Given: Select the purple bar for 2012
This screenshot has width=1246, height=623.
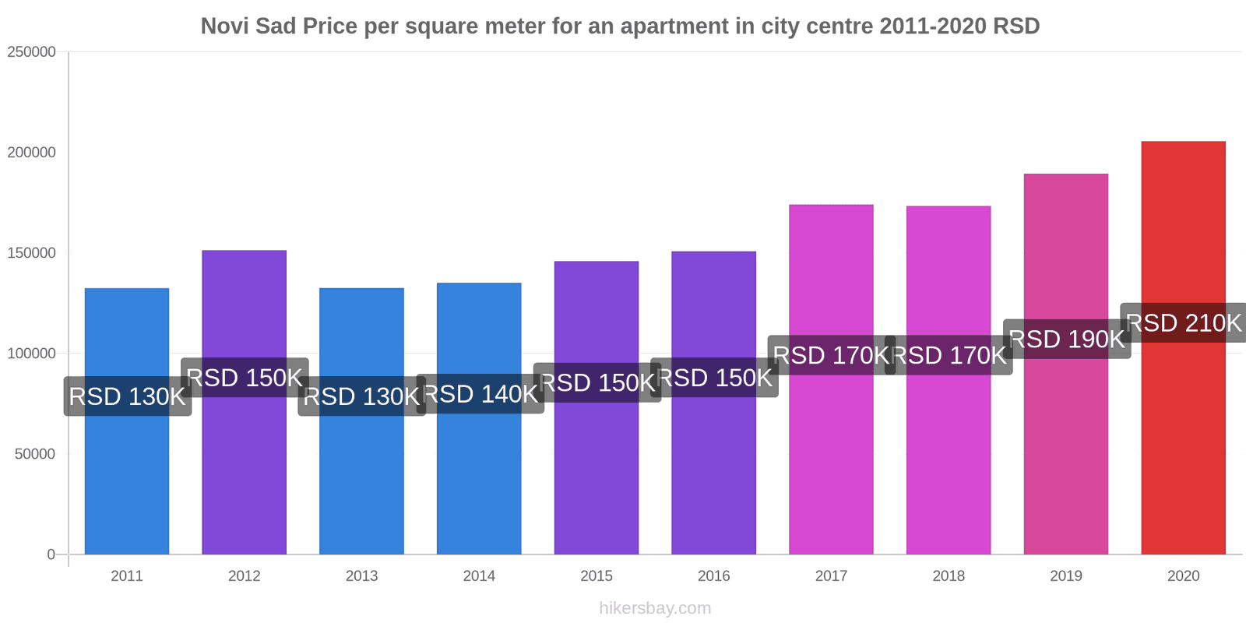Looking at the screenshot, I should pyautogui.click(x=244, y=467).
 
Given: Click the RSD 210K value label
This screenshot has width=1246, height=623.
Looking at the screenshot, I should pyautogui.click(x=1184, y=322).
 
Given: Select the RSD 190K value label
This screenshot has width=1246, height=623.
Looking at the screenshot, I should pyautogui.click(x=1067, y=339).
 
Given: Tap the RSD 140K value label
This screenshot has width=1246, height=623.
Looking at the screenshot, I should pyautogui.click(x=480, y=394).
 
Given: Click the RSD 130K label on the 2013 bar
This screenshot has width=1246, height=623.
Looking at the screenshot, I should pyautogui.click(x=362, y=396).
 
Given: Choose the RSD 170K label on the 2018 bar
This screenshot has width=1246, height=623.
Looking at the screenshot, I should pyautogui.click(x=949, y=355).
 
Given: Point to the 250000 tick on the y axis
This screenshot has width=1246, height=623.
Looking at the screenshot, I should pyautogui.click(x=32, y=52).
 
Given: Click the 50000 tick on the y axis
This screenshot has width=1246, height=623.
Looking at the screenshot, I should pyautogui.click(x=36, y=454).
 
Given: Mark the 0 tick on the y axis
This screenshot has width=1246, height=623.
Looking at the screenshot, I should pyautogui.click(x=51, y=554).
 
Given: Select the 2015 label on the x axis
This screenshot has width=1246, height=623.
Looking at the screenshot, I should pyautogui.click(x=597, y=576).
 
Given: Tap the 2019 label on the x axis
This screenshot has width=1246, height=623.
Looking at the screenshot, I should pyautogui.click(x=1066, y=576).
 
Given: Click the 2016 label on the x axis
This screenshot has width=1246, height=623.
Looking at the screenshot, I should pyautogui.click(x=714, y=576).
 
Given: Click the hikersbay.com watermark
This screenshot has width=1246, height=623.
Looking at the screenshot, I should pyautogui.click(x=655, y=608).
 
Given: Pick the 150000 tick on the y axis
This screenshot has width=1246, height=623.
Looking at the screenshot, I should pyautogui.click(x=32, y=253).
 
